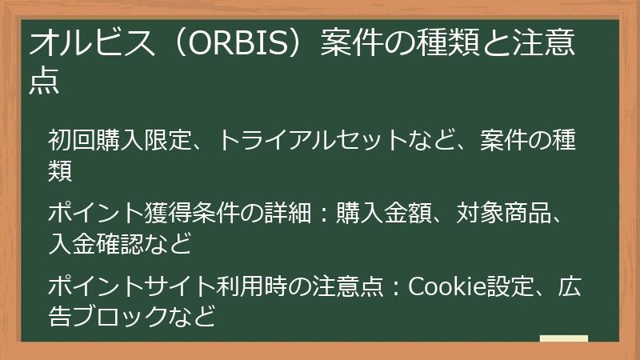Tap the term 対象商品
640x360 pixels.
coord(504,214)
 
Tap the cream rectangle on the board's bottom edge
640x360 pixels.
coord(563,339)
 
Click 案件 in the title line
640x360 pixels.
coord(350,45)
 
